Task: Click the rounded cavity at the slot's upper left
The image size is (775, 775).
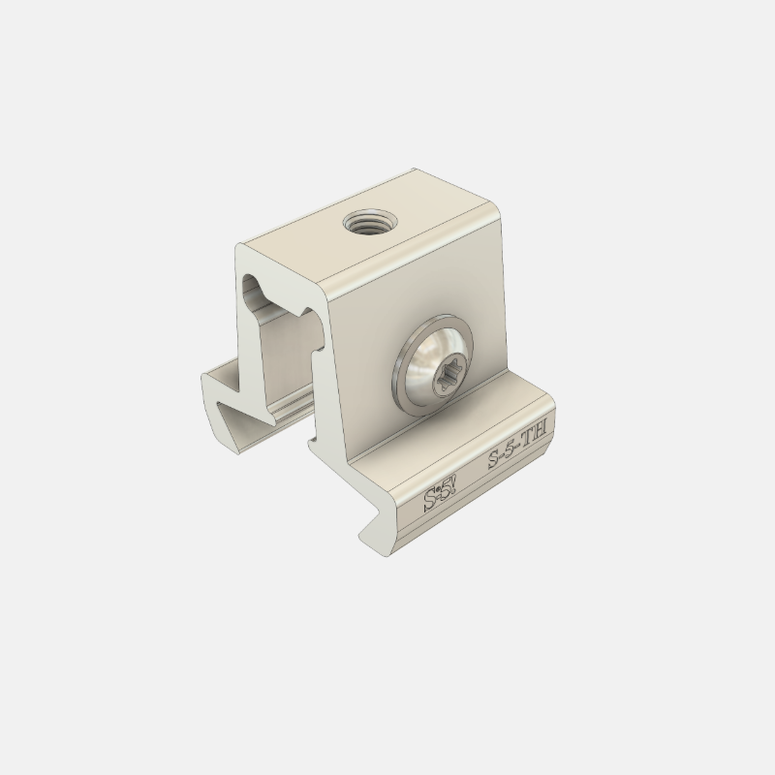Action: [251, 286]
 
